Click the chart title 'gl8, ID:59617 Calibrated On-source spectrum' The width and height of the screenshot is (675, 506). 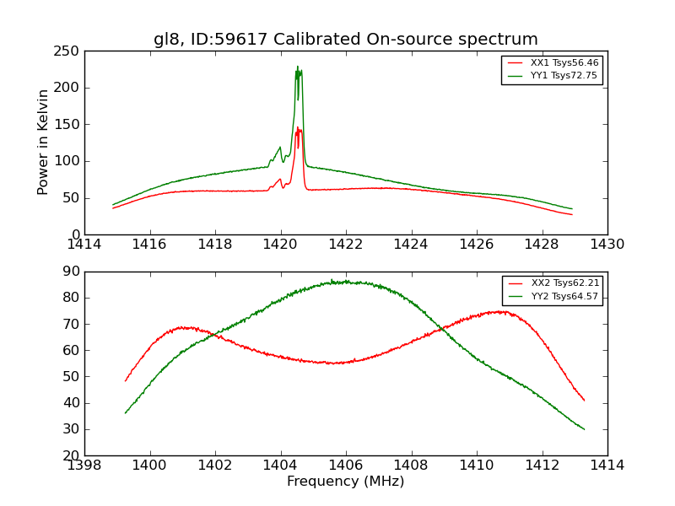(x=345, y=40)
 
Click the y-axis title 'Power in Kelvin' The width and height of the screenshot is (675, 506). (x=44, y=143)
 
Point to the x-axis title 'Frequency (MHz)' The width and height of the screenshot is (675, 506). (x=345, y=482)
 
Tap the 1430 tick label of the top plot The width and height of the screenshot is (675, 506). (x=607, y=245)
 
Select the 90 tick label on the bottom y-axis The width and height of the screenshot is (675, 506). (x=71, y=272)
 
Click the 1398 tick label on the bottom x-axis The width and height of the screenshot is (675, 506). (x=84, y=466)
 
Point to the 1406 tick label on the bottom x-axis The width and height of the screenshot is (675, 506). (x=345, y=466)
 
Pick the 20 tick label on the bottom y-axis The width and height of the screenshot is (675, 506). (x=71, y=455)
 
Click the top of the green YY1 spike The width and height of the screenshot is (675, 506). (x=297, y=67)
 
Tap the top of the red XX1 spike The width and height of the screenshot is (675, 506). (x=297, y=127)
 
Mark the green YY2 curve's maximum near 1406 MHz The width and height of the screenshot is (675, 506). (x=341, y=281)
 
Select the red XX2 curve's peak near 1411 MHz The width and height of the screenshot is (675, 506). (x=501, y=311)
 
